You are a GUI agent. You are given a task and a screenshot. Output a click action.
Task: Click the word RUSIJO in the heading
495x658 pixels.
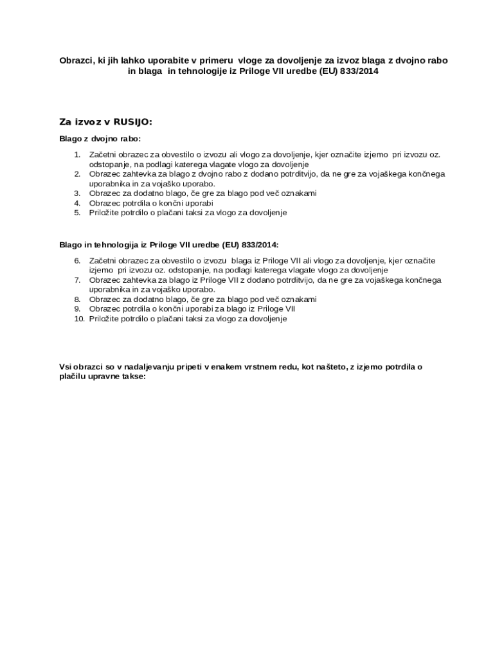(132, 121)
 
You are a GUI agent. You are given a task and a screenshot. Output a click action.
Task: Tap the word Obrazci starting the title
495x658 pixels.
(76, 60)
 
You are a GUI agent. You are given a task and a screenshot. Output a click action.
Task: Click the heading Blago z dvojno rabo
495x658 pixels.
(100, 139)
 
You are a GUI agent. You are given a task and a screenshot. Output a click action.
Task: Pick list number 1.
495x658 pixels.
(77, 154)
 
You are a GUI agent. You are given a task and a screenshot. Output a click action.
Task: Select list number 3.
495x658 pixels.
(77, 193)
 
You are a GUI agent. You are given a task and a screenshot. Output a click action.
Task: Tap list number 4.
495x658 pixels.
(77, 202)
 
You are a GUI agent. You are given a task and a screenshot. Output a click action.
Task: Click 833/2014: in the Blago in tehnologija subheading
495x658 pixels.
(258, 245)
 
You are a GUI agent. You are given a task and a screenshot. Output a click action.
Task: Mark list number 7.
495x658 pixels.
(77, 280)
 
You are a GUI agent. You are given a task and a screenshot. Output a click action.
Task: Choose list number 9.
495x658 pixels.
(77, 308)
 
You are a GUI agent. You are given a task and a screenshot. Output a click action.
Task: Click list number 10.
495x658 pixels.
(79, 318)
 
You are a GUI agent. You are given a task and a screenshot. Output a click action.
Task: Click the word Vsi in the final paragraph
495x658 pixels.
(66, 366)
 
